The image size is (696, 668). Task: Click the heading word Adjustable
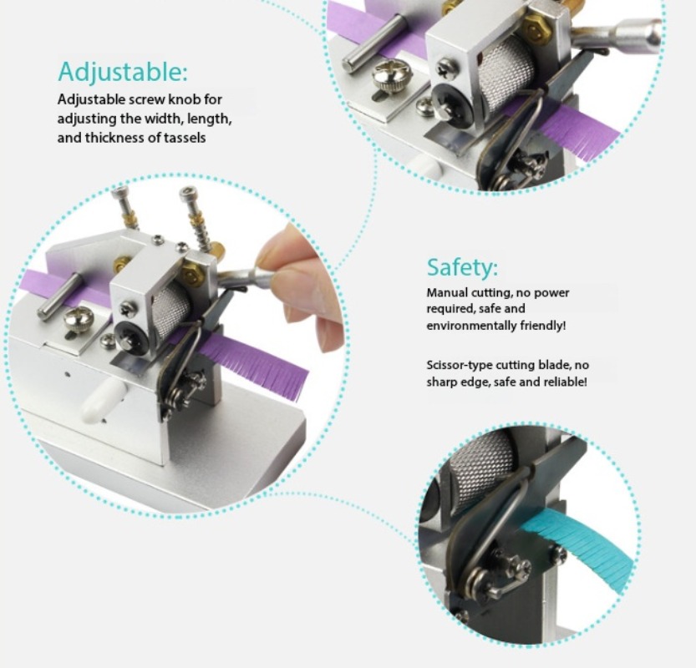click(x=123, y=72)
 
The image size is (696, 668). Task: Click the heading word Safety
click(x=462, y=267)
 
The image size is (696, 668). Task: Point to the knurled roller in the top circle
click(x=506, y=75)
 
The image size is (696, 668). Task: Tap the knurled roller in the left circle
click(x=171, y=311)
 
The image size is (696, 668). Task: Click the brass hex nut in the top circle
click(x=536, y=28)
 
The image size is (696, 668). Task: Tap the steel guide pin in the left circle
click(x=60, y=296)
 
